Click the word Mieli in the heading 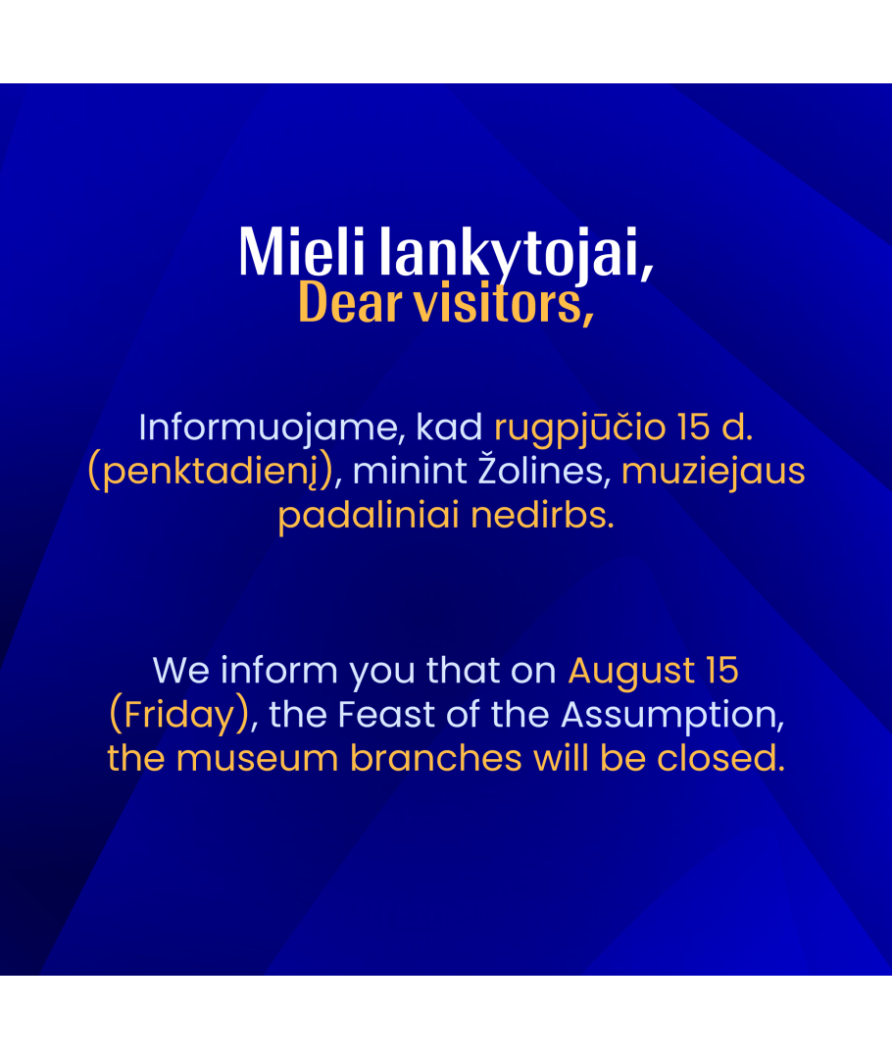point(302,251)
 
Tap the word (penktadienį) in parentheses point(211,472)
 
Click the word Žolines point(544,470)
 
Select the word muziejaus point(713,472)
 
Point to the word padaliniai point(368,516)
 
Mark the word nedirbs point(542,515)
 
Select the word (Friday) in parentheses point(179,715)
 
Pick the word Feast point(385,715)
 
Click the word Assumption point(672,715)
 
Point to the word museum point(257,758)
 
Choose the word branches point(435,758)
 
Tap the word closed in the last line point(720,758)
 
